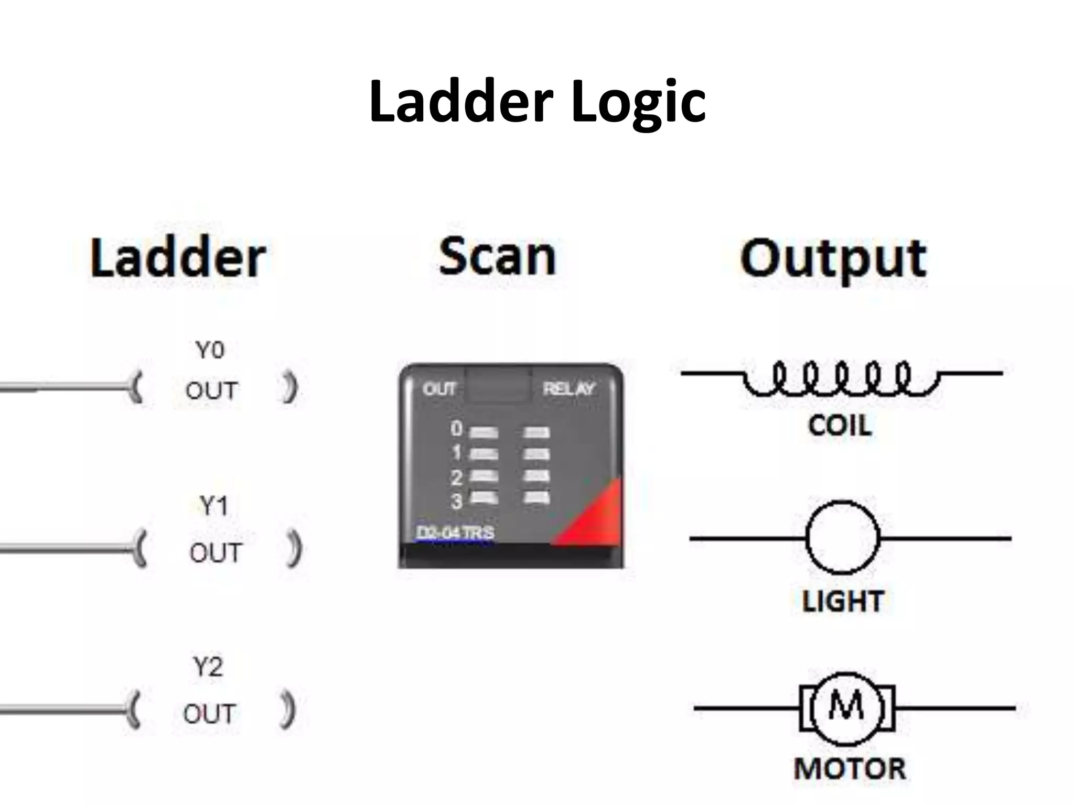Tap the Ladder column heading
tap(178, 258)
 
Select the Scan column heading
tap(497, 257)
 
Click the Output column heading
tap(834, 259)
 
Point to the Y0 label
tap(210, 350)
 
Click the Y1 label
tap(214, 506)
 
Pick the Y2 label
tap(208, 668)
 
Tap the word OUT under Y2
tap(209, 714)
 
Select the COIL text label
tap(840, 426)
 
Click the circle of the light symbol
tap(842, 538)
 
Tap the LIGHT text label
tap(843, 601)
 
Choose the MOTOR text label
tap(850, 769)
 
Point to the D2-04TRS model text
tap(455, 533)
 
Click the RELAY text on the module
tap(569, 389)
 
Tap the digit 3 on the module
tap(457, 501)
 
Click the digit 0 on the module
tap(457, 429)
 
